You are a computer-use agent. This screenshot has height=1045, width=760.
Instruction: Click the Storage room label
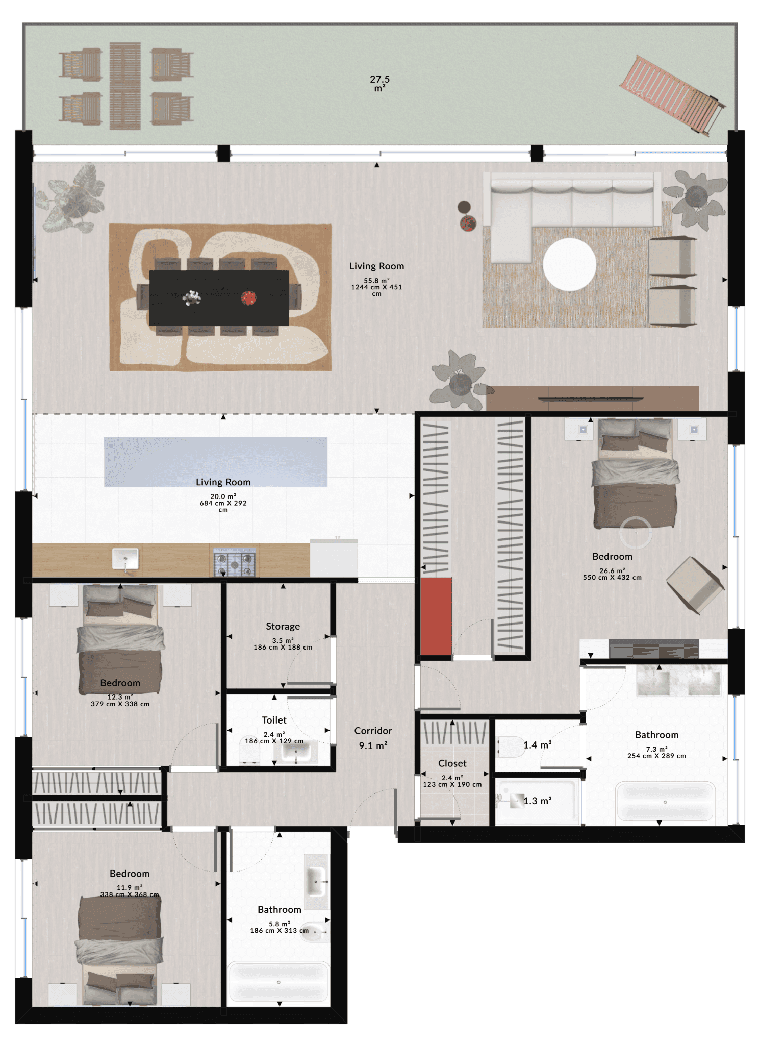point(283,626)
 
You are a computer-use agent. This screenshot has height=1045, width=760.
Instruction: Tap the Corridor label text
point(373,731)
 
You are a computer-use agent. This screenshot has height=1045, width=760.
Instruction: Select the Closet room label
point(452,763)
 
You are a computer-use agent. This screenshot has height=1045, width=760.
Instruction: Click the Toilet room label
point(274,720)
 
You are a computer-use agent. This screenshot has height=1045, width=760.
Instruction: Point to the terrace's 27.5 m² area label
point(379,83)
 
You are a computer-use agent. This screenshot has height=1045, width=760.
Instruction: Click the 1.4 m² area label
point(537,745)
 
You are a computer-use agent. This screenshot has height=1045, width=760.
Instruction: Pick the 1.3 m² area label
point(537,801)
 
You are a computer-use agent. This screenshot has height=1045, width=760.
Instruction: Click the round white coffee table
point(569,264)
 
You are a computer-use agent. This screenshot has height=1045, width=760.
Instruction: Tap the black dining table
point(219,298)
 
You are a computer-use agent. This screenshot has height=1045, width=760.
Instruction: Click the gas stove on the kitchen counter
point(234,562)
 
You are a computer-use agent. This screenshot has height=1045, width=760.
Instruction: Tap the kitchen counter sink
point(125,559)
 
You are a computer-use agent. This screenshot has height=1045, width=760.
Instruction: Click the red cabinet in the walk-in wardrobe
point(436,616)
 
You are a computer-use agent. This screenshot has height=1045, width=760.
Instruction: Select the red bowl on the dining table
point(248,297)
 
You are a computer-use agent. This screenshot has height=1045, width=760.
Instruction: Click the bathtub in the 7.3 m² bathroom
point(665,802)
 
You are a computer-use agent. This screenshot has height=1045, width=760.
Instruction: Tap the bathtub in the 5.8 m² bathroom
point(278,982)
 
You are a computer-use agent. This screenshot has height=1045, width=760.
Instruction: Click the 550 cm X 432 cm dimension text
point(612,578)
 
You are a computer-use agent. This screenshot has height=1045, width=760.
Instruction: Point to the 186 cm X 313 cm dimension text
point(279,931)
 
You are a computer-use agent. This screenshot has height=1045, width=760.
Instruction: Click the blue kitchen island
point(215,462)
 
